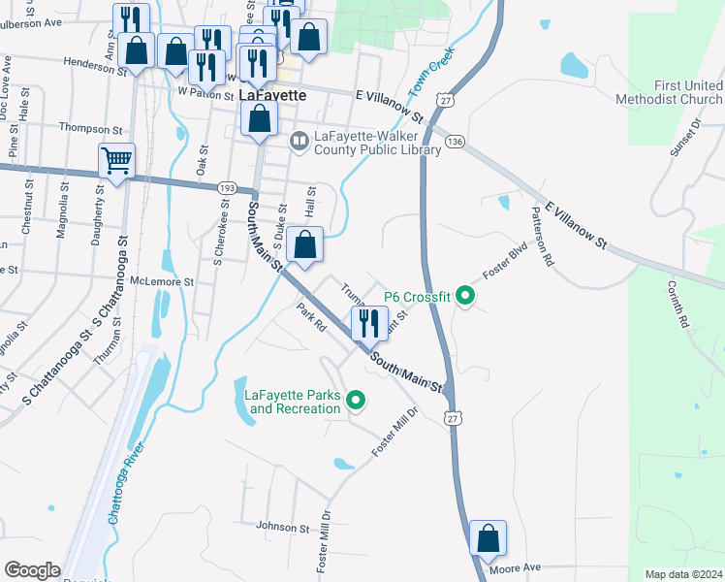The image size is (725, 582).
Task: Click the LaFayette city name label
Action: (x=272, y=95)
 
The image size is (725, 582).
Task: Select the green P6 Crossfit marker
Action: (x=465, y=297)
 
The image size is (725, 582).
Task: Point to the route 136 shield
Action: (x=456, y=142)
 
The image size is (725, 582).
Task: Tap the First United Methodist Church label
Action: (x=669, y=93)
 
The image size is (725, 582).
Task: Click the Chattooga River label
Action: (x=126, y=483)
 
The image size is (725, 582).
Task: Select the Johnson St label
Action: (x=282, y=528)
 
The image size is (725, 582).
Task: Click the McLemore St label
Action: (x=162, y=281)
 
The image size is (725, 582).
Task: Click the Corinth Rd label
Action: (x=677, y=303)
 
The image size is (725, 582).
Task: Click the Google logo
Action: (x=32, y=570)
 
